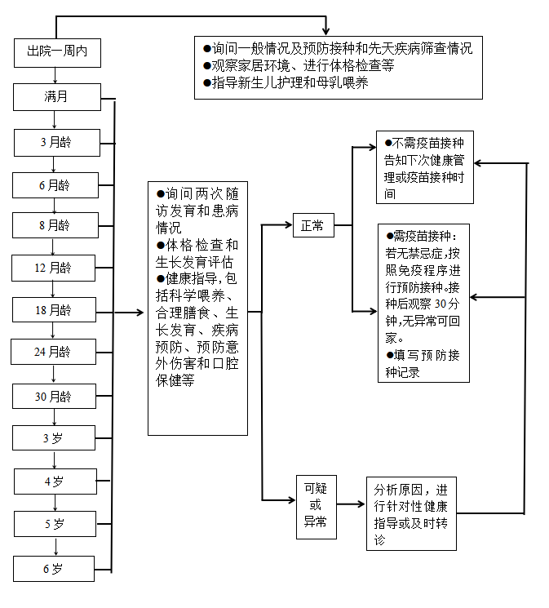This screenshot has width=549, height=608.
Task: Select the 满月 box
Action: pos(57,97)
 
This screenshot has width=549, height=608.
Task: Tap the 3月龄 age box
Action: pos(55,142)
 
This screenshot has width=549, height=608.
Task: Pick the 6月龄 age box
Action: pos(55,185)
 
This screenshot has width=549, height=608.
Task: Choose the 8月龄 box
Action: pos(55,224)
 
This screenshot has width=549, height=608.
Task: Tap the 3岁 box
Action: pos(55,438)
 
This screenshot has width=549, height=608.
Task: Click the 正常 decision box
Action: pos(312,225)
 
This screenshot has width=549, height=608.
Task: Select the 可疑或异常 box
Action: pos(315,505)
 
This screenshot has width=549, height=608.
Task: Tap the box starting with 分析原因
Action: pos(411,513)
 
